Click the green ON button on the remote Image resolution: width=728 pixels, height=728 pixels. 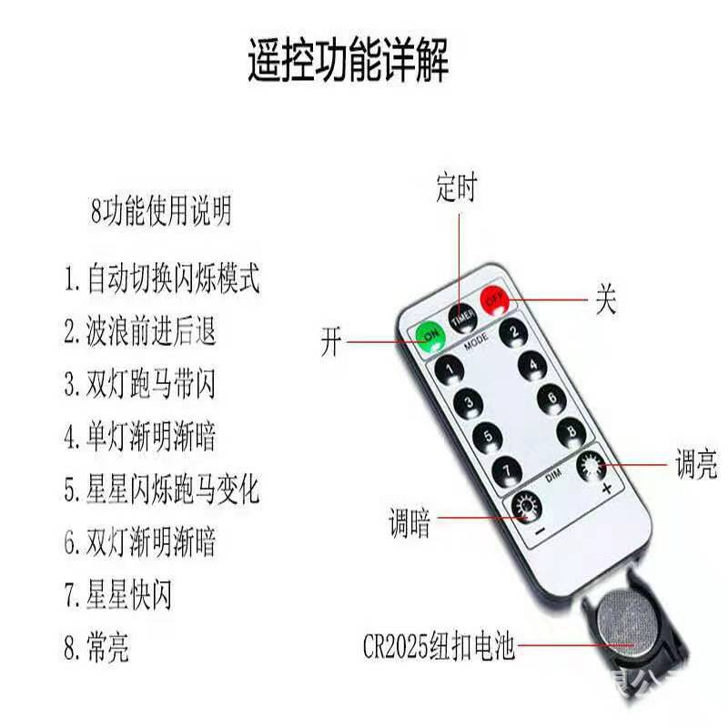point(429,338)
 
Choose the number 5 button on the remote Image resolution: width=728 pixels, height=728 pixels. point(488,435)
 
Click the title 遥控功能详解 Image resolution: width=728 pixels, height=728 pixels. point(349,63)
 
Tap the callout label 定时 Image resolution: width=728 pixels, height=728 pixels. point(456,187)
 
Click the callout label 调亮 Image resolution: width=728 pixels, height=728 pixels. point(695,466)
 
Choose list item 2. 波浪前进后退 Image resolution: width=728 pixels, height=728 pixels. point(140,330)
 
